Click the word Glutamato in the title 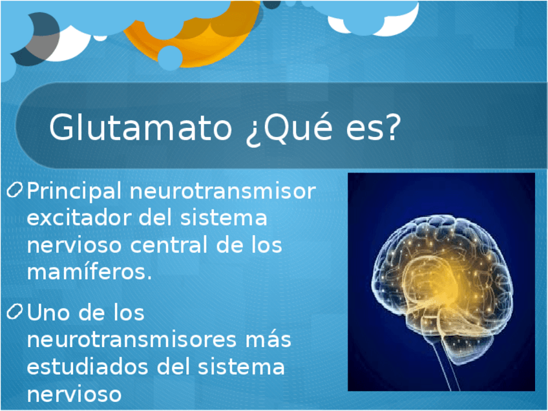(140, 127)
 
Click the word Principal (74, 191)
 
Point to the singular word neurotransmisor (222, 191)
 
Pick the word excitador (79, 218)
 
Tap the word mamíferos (89, 271)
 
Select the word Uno (48, 312)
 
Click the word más (268, 340)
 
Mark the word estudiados (87, 366)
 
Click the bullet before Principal (15, 190)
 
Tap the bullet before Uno (15, 311)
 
